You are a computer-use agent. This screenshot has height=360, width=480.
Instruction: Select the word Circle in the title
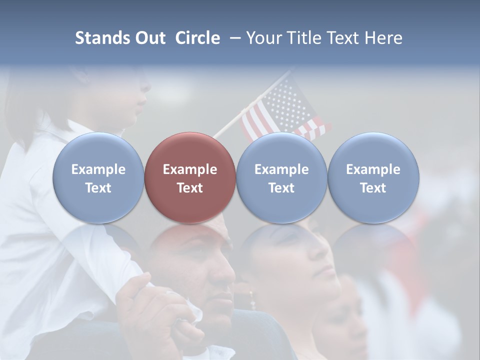[197, 38]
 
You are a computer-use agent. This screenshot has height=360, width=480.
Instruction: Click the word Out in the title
[149, 38]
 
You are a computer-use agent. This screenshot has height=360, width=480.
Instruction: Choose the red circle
[190, 177]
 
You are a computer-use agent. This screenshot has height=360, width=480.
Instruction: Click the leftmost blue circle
[98, 177]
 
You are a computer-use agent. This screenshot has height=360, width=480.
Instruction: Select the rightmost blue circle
[373, 177]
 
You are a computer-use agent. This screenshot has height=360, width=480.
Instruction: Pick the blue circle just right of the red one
[281, 177]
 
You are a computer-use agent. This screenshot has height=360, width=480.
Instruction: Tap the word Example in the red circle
[190, 169]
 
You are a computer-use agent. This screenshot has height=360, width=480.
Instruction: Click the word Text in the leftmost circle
[98, 188]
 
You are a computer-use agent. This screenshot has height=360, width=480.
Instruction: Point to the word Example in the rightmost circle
[373, 169]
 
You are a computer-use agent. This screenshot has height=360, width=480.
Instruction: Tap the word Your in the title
[263, 38]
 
